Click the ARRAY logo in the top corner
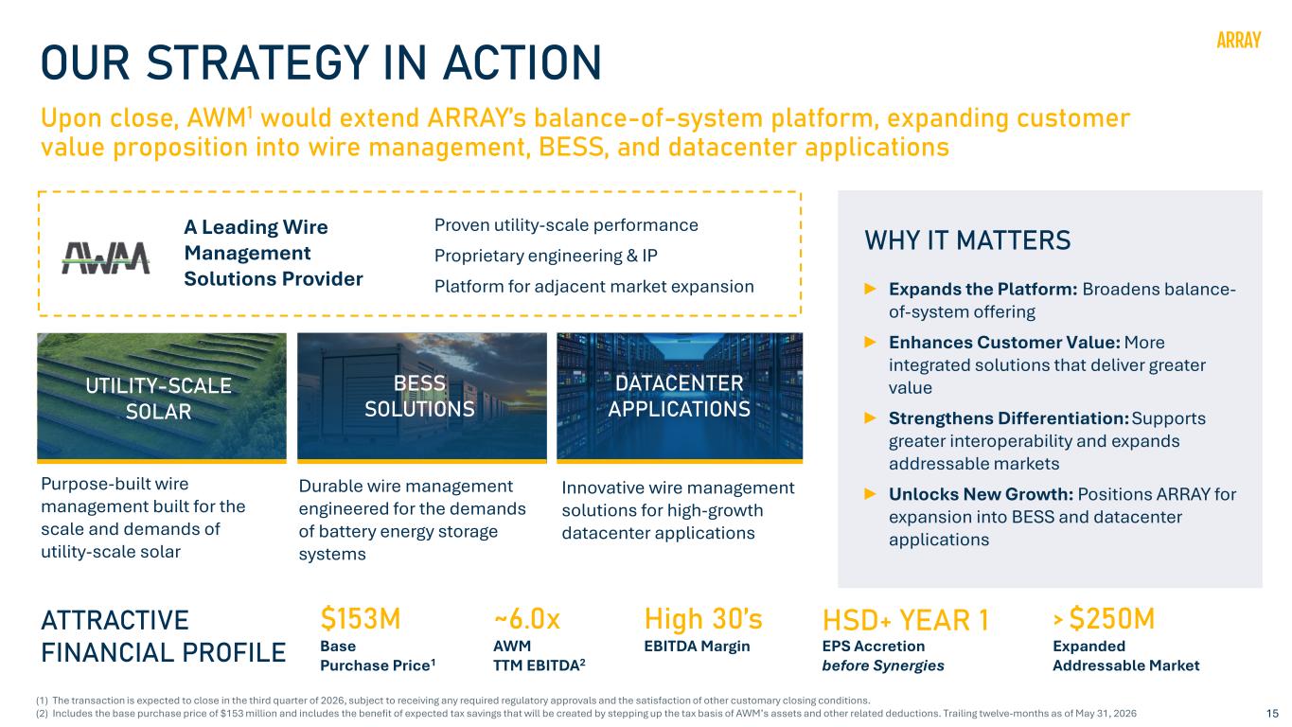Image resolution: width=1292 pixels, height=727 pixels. pyautogui.click(x=1239, y=40)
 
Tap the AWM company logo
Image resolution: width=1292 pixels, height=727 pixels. pyautogui.click(x=106, y=257)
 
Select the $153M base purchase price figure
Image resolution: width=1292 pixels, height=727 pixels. pyautogui.click(x=361, y=618)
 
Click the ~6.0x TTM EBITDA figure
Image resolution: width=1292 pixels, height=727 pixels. pyautogui.click(x=526, y=619)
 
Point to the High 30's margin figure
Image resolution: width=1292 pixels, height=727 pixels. pyautogui.click(x=703, y=619)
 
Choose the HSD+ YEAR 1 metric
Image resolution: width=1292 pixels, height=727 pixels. pyautogui.click(x=906, y=620)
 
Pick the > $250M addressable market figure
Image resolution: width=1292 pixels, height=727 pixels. pyautogui.click(x=1104, y=618)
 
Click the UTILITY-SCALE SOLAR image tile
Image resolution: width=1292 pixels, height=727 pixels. pyautogui.click(x=162, y=398)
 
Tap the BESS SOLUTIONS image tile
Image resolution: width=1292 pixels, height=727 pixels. pyautogui.click(x=421, y=398)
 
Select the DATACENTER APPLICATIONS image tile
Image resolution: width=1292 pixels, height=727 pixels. pyautogui.click(x=680, y=398)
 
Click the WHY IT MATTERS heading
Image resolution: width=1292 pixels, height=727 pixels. pyautogui.click(x=967, y=240)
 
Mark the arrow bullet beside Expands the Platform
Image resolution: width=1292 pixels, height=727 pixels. pyautogui.click(x=871, y=289)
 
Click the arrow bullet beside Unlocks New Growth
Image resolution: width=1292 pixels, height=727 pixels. pyautogui.click(x=871, y=494)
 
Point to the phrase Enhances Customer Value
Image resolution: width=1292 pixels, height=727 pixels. pyautogui.click(x=1004, y=342)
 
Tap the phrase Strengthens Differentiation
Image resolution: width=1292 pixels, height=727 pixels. pyautogui.click(x=1009, y=418)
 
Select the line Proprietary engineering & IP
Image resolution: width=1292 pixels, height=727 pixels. pyautogui.click(x=545, y=256)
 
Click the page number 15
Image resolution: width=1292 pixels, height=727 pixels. pyautogui.click(x=1272, y=713)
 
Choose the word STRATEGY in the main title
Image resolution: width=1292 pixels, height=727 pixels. pyautogui.click(x=257, y=62)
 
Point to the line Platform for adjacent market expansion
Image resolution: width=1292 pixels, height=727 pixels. pyautogui.click(x=594, y=286)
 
